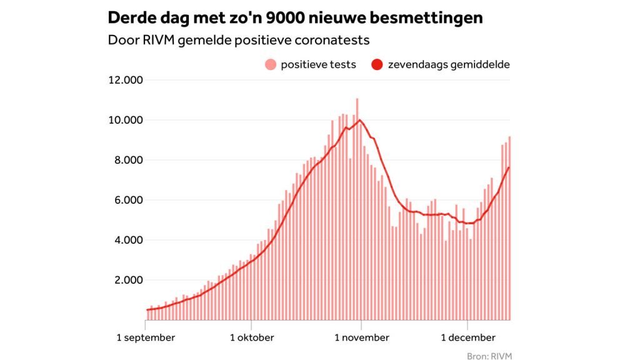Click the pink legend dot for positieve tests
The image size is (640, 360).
[x=270, y=64]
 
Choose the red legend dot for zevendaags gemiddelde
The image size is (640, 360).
[x=377, y=64]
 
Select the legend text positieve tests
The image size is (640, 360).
[x=318, y=64]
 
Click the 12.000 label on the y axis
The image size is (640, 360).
[x=126, y=80]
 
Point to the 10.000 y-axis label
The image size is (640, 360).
[x=126, y=120]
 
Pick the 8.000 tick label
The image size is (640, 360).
[x=128, y=160]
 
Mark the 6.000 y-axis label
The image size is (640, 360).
[x=128, y=200]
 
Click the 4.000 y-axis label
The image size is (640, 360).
[x=128, y=240]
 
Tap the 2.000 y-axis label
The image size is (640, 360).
[x=128, y=280]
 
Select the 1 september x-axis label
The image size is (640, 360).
[x=146, y=337]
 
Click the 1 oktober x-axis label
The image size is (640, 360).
[x=252, y=337]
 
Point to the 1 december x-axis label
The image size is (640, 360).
[x=468, y=337]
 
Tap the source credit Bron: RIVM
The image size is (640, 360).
[x=489, y=355]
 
